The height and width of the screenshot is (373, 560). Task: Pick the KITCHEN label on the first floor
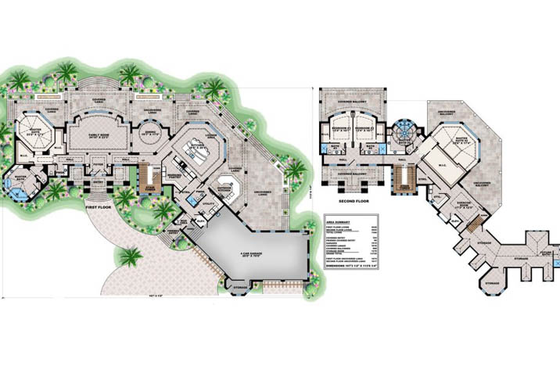click(193, 144)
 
